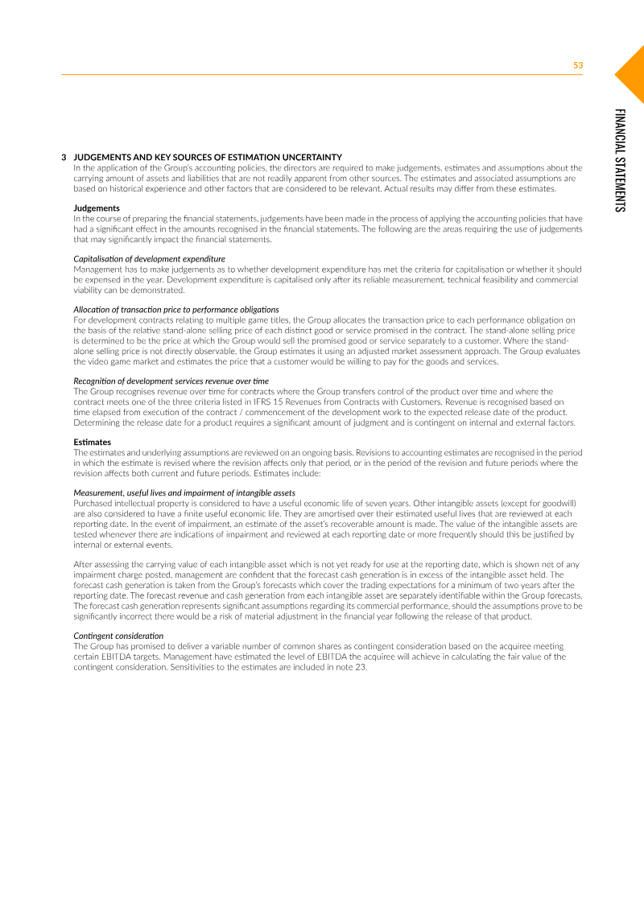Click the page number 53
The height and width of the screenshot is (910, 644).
click(x=577, y=65)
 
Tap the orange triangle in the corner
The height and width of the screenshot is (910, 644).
click(x=633, y=72)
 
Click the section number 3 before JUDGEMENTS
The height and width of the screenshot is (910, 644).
click(x=64, y=157)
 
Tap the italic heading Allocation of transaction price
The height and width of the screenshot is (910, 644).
click(x=176, y=310)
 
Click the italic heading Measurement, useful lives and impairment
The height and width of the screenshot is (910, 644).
click(x=184, y=492)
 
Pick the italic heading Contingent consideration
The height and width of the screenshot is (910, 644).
click(x=118, y=636)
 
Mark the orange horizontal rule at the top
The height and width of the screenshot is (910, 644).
click(x=322, y=75)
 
